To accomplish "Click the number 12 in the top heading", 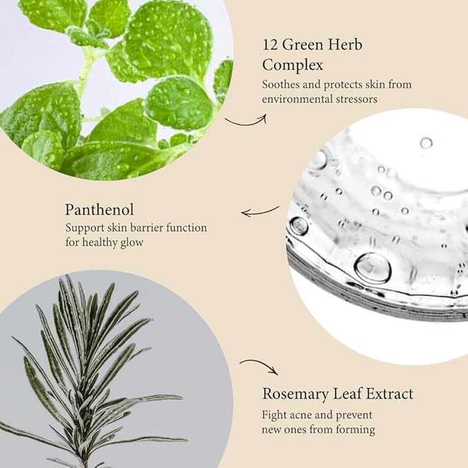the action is click(x=270, y=45).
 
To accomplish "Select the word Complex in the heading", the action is click(x=292, y=65).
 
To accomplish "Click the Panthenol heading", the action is click(x=99, y=210).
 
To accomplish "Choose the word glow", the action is click(x=132, y=243).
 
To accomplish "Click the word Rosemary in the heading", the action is click(x=295, y=394).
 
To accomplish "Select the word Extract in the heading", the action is click(x=390, y=394).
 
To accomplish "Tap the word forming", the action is click(x=355, y=430).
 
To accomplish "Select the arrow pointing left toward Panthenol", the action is click(x=260, y=212).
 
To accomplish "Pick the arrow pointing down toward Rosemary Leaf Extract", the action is click(x=259, y=365).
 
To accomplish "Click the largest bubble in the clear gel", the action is click(x=372, y=268).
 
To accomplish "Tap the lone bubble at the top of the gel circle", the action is click(x=426, y=143).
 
